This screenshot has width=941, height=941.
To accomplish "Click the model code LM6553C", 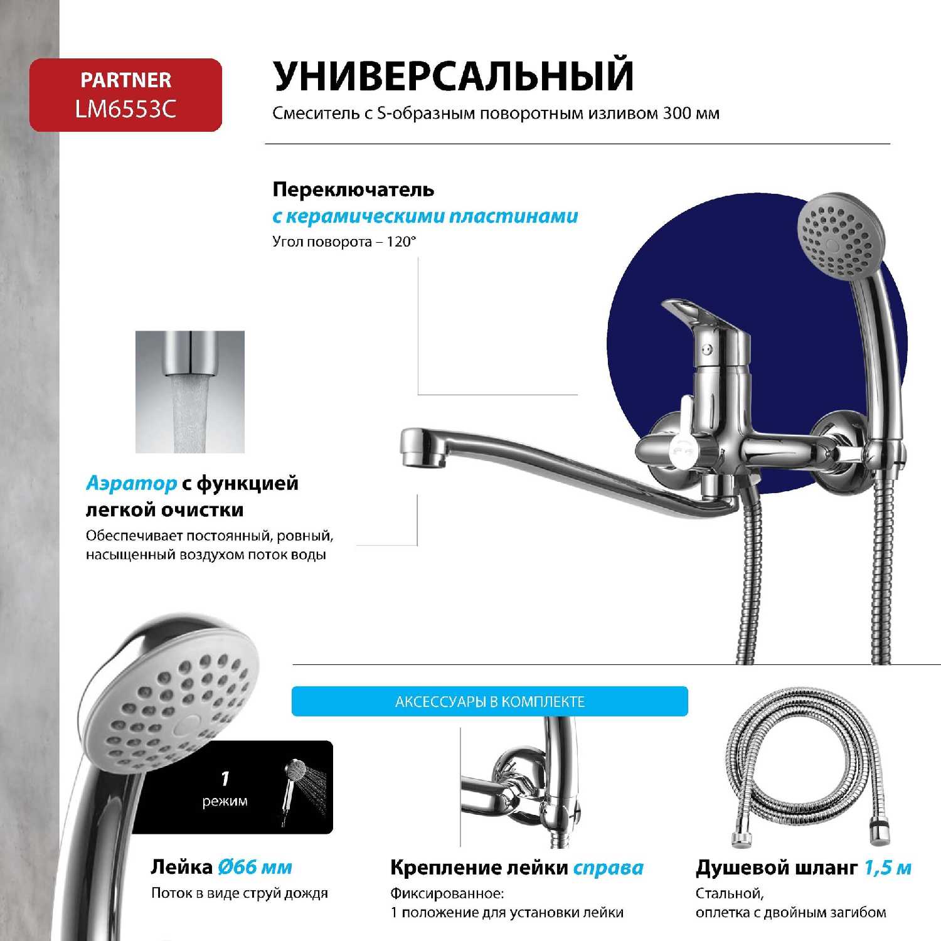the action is pyautogui.click(x=125, y=109).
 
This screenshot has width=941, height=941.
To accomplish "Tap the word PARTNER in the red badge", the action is pyautogui.click(x=125, y=80).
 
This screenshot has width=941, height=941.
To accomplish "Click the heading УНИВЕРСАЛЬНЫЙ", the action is pyautogui.click(x=453, y=75).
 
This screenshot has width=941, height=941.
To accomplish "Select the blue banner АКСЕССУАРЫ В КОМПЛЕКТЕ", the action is pyautogui.click(x=490, y=701).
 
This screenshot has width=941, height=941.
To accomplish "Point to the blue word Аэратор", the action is pyautogui.click(x=131, y=483).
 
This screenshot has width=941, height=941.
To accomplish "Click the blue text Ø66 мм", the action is pyautogui.click(x=255, y=867).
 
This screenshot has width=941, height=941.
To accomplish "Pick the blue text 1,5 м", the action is pyautogui.click(x=888, y=868).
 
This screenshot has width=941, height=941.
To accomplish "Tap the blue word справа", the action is pyautogui.click(x=609, y=868).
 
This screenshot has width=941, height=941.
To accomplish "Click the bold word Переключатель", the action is pyautogui.click(x=353, y=189).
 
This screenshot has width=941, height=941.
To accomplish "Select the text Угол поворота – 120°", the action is pyautogui.click(x=344, y=242).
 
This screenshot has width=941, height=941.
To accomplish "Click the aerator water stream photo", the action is pyautogui.click(x=190, y=392).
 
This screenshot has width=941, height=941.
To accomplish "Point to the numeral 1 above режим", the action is pyautogui.click(x=225, y=779).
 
